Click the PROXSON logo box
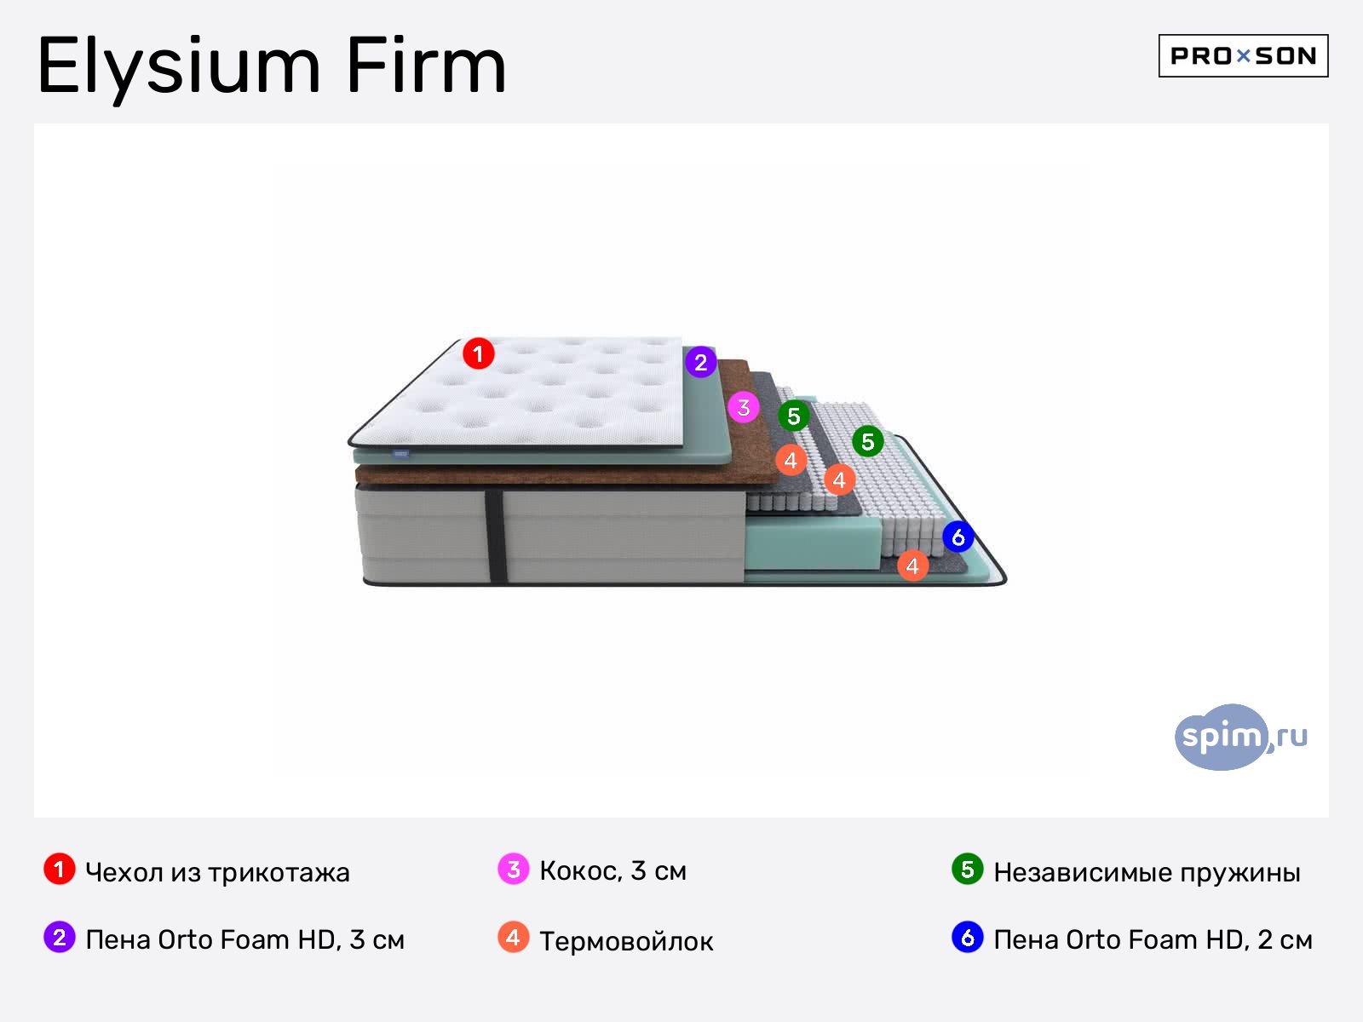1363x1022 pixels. click(x=1243, y=56)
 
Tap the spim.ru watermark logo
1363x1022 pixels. click(x=1239, y=737)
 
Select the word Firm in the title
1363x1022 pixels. click(x=426, y=66)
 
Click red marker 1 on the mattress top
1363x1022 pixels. click(x=479, y=353)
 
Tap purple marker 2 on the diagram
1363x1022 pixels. click(x=700, y=362)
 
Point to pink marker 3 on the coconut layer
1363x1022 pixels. click(x=744, y=407)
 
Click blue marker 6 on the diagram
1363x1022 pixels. click(x=958, y=537)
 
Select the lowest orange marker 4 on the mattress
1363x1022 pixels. click(x=912, y=566)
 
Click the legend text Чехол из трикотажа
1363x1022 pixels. click(x=217, y=872)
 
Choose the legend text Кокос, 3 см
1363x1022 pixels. click(x=612, y=870)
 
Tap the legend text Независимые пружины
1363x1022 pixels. click(x=1147, y=872)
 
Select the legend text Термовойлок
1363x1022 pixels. click(x=626, y=941)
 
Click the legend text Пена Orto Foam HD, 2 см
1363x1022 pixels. click(x=1153, y=939)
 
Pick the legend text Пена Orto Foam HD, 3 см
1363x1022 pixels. click(x=244, y=939)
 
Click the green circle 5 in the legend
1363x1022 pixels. click(x=967, y=870)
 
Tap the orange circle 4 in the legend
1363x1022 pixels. click(x=513, y=938)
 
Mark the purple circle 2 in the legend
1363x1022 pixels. click(x=60, y=938)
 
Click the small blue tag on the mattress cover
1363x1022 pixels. click(x=400, y=454)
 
